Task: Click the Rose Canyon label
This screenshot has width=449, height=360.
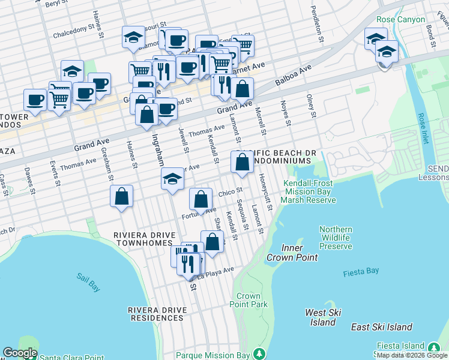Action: (402, 19)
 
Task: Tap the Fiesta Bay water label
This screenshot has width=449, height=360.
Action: (361, 272)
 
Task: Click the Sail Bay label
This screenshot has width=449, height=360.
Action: (88, 281)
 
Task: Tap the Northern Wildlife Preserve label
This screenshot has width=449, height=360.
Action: (336, 238)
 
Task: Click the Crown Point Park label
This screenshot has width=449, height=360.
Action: (249, 300)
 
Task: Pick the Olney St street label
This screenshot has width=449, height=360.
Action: (310, 105)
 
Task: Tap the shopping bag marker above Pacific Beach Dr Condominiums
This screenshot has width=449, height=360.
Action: (242, 163)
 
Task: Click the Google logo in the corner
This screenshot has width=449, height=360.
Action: (20, 353)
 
